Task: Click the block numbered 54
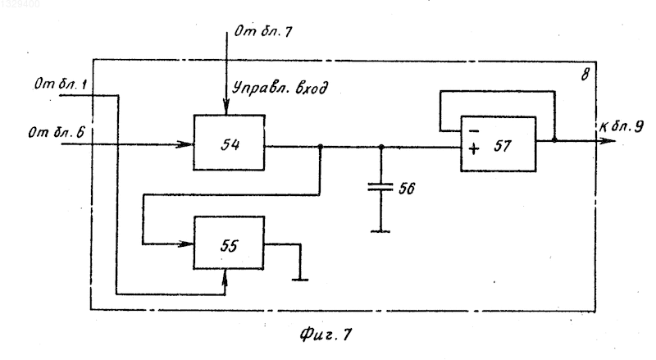click(x=229, y=143)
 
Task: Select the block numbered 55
click(x=229, y=243)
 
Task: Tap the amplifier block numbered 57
click(x=498, y=144)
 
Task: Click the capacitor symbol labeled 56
click(x=380, y=187)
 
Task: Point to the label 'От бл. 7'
click(x=263, y=31)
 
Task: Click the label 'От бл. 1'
click(x=61, y=84)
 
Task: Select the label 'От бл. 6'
click(x=56, y=133)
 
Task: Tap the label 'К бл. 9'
click(x=622, y=126)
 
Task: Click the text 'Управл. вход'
click(x=280, y=88)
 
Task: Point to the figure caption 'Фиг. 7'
click(x=326, y=334)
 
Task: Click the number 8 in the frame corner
click(x=585, y=75)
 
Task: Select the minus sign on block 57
click(x=474, y=131)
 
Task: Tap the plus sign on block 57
click(x=474, y=148)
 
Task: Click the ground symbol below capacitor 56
click(x=380, y=230)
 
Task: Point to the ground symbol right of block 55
click(x=299, y=279)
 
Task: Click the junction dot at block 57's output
click(x=554, y=139)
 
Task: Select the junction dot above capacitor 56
click(x=380, y=147)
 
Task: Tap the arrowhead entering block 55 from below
click(x=225, y=276)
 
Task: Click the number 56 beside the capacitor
click(x=406, y=189)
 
